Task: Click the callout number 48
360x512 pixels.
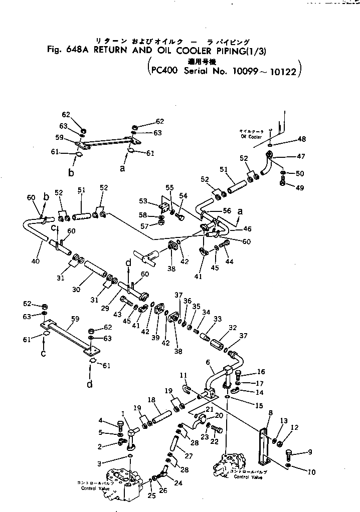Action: (301, 139)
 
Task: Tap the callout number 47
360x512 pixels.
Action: (301, 157)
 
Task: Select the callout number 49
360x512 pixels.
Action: (300, 188)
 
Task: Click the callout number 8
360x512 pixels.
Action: (270, 413)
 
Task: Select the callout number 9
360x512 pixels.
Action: (310, 452)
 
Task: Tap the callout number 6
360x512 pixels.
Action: (207, 361)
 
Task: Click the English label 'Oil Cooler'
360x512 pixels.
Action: (251, 137)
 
